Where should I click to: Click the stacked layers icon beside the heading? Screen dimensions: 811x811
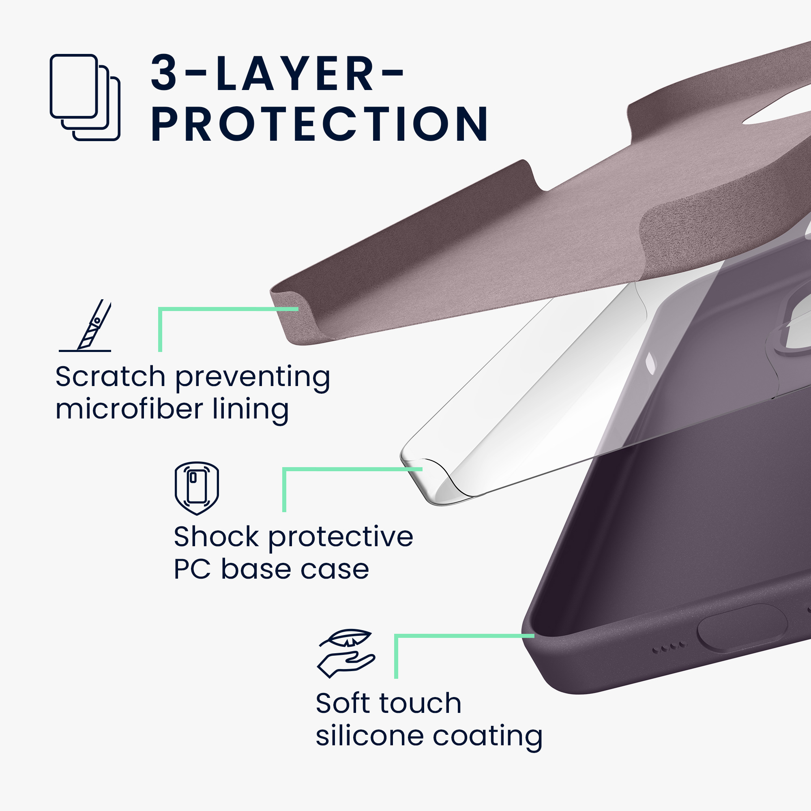click(x=85, y=97)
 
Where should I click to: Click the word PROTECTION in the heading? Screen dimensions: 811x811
click(x=320, y=124)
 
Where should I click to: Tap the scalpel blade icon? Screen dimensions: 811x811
click(x=85, y=325)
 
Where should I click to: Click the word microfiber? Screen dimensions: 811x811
click(x=130, y=408)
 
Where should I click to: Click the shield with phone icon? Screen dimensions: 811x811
click(x=197, y=488)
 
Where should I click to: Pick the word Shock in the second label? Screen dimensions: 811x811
click(x=217, y=536)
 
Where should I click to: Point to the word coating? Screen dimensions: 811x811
click(x=488, y=737)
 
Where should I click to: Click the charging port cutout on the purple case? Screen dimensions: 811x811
click(x=742, y=628)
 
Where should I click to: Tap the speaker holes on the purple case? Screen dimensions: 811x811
click(x=669, y=647)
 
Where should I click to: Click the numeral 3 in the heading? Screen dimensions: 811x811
click(x=164, y=73)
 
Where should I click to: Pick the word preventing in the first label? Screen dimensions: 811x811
click(x=253, y=378)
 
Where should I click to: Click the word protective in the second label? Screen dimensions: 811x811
click(x=341, y=538)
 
